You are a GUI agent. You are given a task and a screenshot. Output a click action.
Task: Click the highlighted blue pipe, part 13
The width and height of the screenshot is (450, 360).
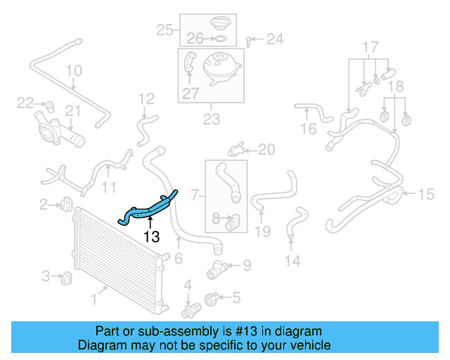pos(150,209)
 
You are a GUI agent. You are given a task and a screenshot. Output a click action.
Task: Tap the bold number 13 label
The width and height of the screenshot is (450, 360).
pos(151,237)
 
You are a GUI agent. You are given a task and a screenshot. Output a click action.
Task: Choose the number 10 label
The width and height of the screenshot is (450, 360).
pos(74,71)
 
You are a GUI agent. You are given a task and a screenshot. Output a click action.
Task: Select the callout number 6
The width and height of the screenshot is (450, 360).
pos(179,258)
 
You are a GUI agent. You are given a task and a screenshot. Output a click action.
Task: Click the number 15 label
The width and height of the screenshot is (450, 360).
pos(427,194)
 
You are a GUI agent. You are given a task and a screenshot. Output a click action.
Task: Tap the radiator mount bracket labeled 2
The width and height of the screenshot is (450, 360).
pos(67,204)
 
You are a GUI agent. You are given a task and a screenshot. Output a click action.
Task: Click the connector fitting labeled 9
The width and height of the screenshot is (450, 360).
pos(216,267)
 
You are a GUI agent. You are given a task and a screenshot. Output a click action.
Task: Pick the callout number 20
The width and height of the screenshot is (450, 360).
pos(266,149)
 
